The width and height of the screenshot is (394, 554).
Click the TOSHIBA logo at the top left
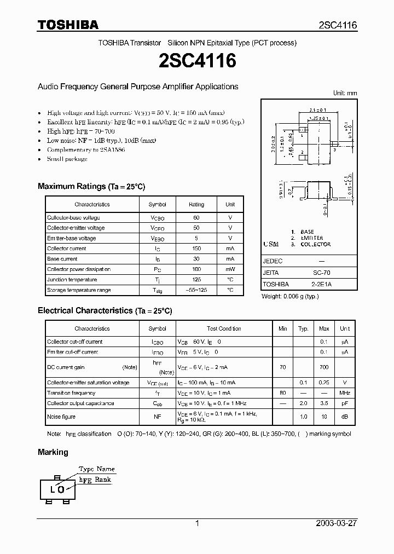tap(68, 25)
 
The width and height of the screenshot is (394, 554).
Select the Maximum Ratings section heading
tap(91, 187)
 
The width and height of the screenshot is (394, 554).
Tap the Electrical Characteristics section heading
tap(105, 311)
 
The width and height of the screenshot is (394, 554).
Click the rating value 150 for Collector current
tap(196, 249)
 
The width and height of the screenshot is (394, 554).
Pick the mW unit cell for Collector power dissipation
tap(230, 269)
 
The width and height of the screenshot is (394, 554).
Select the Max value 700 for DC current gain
tap(324, 368)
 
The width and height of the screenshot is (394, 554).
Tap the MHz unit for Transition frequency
tap(344, 393)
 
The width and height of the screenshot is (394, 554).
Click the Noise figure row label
tap(61, 417)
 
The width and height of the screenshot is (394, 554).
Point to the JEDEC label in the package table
tap(273, 261)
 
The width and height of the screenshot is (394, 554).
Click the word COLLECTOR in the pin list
tap(316, 245)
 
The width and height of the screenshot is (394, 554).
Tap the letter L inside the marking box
tap(53, 489)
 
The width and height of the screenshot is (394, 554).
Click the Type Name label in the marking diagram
tap(97, 469)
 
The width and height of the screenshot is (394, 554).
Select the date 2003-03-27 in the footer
tap(336, 523)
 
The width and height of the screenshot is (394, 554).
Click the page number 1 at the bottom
tap(197, 523)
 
